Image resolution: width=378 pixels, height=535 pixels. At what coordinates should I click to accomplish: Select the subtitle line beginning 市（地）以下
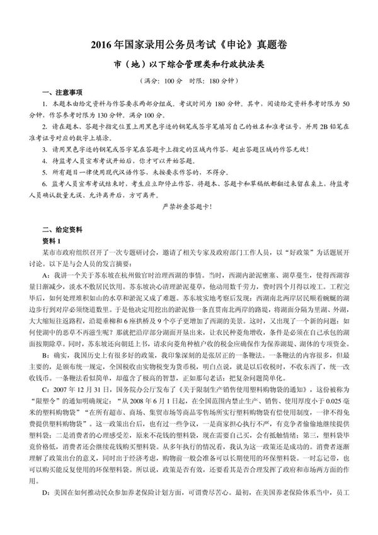click(189, 65)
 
